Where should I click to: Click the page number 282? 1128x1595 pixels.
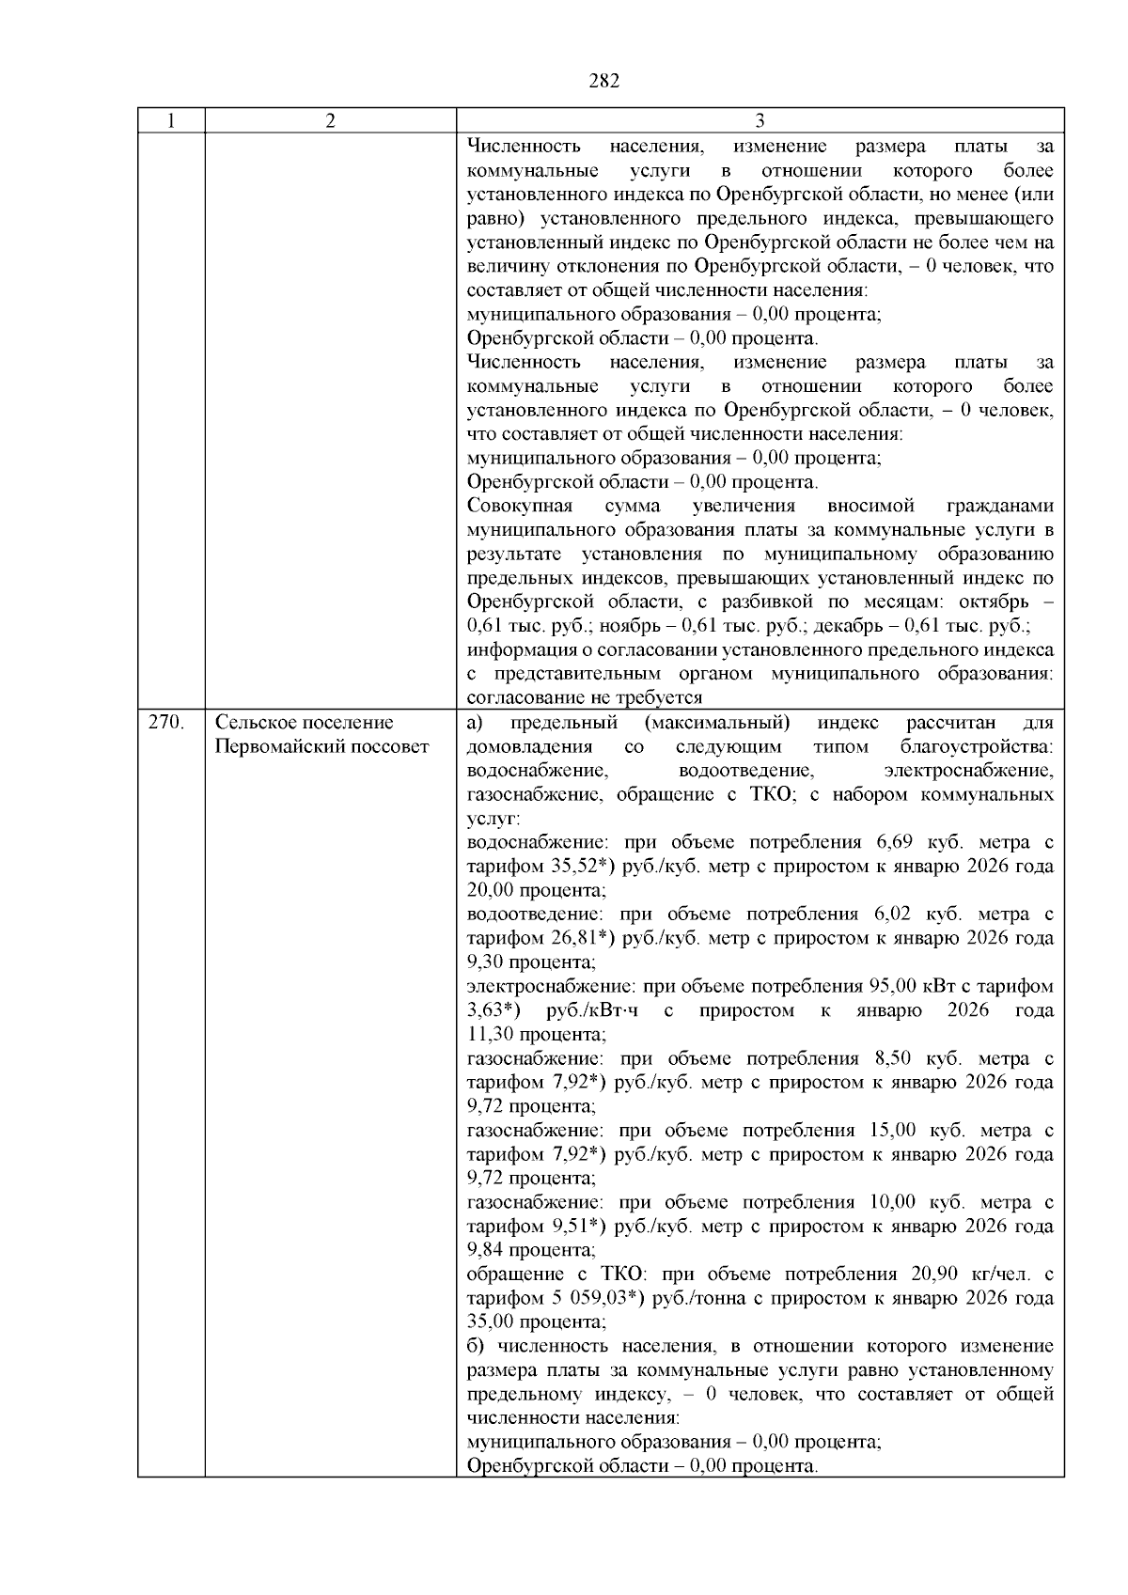[x=604, y=82]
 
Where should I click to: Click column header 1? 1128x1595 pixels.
[x=170, y=121]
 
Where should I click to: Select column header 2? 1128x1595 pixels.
[x=330, y=121]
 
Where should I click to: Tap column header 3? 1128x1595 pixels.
[x=760, y=121]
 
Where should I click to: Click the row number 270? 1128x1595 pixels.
[x=165, y=723]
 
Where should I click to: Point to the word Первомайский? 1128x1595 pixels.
[x=279, y=747]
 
